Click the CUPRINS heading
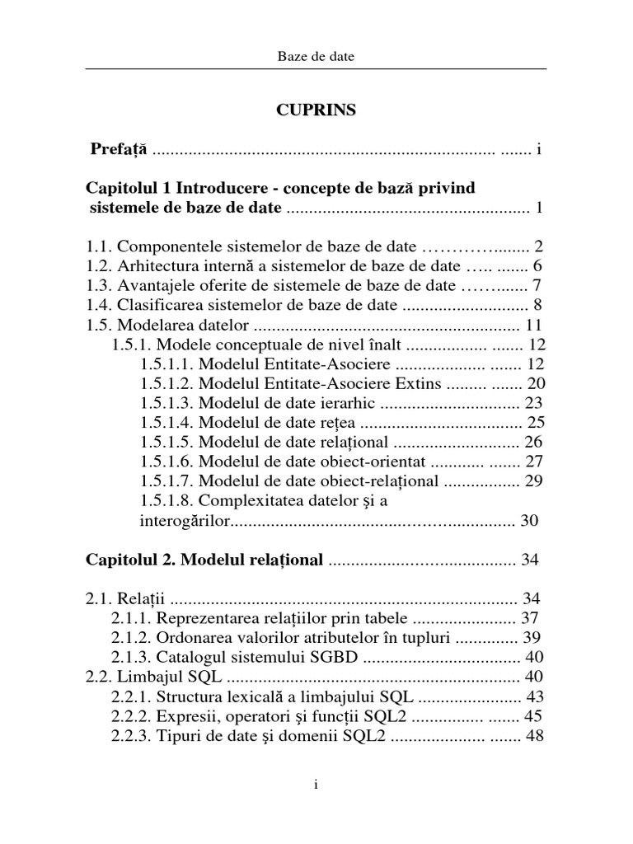316,110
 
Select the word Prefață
120,150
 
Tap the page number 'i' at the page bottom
316,785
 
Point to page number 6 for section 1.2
537,266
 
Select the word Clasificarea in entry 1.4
157,306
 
